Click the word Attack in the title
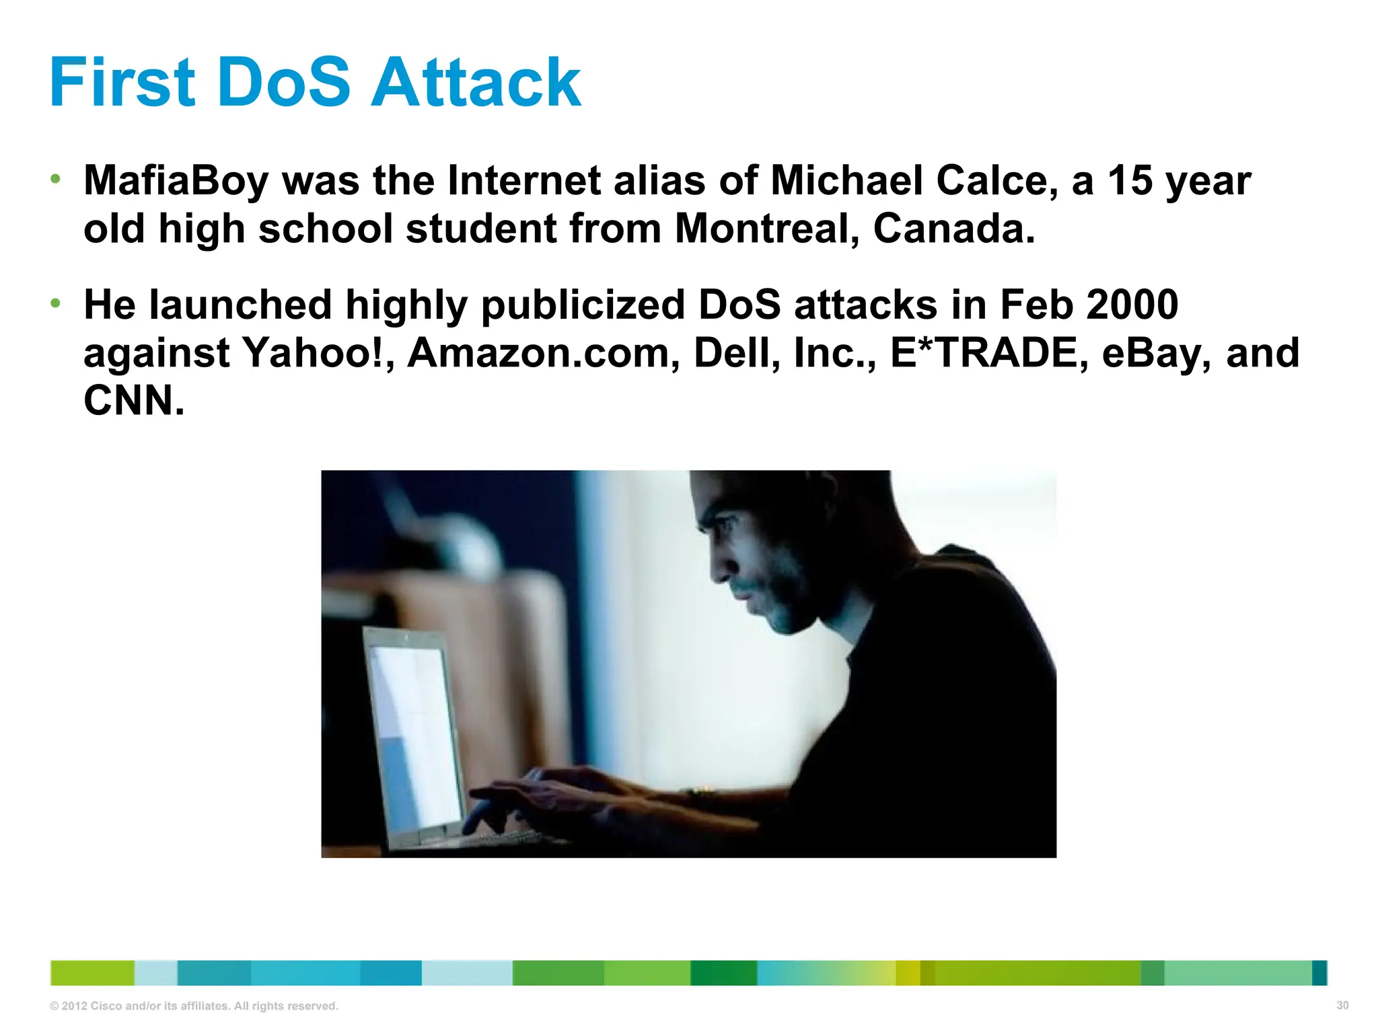(x=476, y=83)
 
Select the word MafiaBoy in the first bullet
(x=176, y=182)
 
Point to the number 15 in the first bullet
(x=1130, y=182)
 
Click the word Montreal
(x=767, y=229)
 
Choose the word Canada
(x=953, y=229)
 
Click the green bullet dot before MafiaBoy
(x=56, y=180)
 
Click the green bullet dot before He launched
(x=56, y=303)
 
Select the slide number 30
(x=1342, y=1005)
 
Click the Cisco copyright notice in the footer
(x=194, y=1006)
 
